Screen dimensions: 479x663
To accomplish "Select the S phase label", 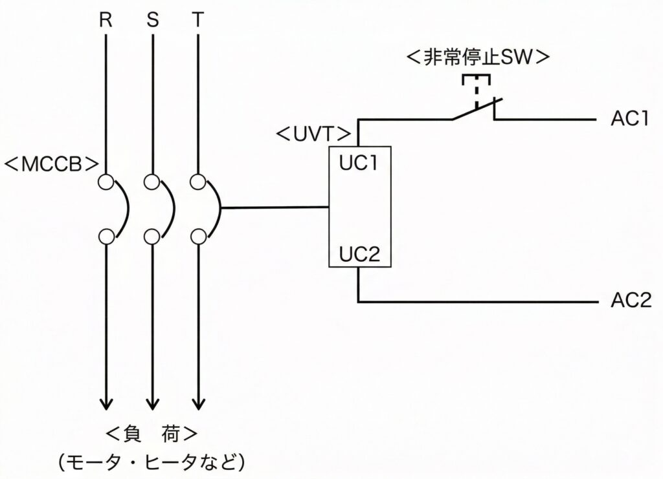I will pyautogui.click(x=152, y=20).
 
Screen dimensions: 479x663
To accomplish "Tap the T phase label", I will pyautogui.click(x=197, y=20).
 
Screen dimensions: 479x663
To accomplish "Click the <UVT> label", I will pyautogui.click(x=313, y=135).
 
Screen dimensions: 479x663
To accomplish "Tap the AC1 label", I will pyautogui.click(x=630, y=120).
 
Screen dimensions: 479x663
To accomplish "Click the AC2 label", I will pyautogui.click(x=630, y=302).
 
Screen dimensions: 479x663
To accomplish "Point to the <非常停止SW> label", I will pyautogui.click(x=478, y=57).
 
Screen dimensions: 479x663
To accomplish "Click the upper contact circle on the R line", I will pyautogui.click(x=106, y=182).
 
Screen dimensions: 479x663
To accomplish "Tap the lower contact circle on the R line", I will pyautogui.click(x=106, y=236).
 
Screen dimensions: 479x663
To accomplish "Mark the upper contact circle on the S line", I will pyautogui.click(x=152, y=182).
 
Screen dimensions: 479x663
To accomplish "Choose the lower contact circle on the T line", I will pyautogui.click(x=197, y=236).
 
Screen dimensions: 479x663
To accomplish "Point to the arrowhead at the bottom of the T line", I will pyautogui.click(x=197, y=402).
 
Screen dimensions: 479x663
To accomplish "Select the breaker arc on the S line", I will pyautogui.click(x=170, y=209).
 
